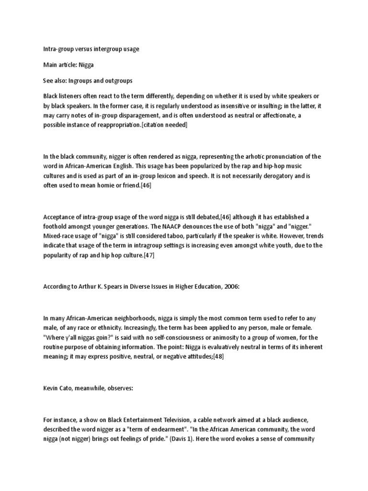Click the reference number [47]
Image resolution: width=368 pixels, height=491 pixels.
pos(147,256)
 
